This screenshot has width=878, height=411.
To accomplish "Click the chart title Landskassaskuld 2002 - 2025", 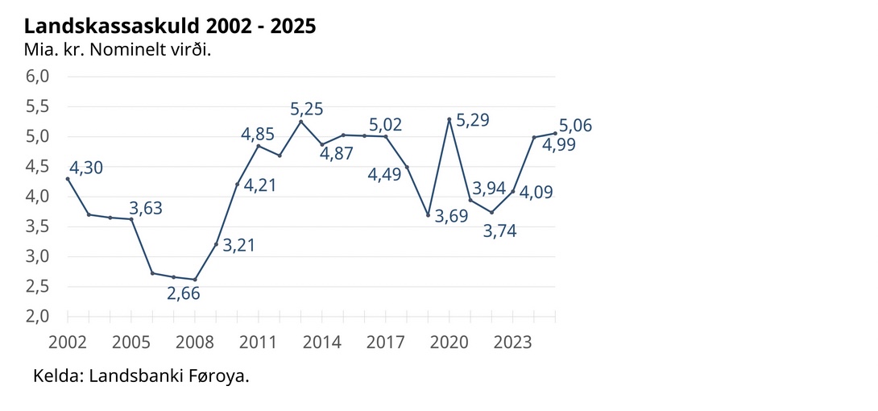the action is pos(169,27).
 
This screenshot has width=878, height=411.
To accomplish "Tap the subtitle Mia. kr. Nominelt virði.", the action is pos(117,49).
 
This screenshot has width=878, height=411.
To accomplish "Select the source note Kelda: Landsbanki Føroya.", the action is pos(141,376).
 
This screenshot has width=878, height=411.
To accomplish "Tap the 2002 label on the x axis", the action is pos(68,342).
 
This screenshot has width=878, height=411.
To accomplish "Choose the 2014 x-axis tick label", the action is pos(322,342).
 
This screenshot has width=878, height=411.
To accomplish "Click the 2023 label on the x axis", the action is pos(513,342).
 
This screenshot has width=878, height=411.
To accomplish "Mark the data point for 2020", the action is pos(449,119).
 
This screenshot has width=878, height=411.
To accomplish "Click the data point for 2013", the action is pos(300,122).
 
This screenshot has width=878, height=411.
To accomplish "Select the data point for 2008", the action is pos(195,280).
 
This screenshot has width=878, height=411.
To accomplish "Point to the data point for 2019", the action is pos(428,215).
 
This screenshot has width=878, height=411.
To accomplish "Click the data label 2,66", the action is pos(184,293).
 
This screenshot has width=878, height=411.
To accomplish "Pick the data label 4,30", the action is pos(87,168).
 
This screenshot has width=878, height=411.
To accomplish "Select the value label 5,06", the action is pos(576,126).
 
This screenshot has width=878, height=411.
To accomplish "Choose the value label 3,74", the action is pos(499,230).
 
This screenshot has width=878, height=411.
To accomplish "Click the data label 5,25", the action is pos(307,109).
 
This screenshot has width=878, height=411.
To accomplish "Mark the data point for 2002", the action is pos(68,179).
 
